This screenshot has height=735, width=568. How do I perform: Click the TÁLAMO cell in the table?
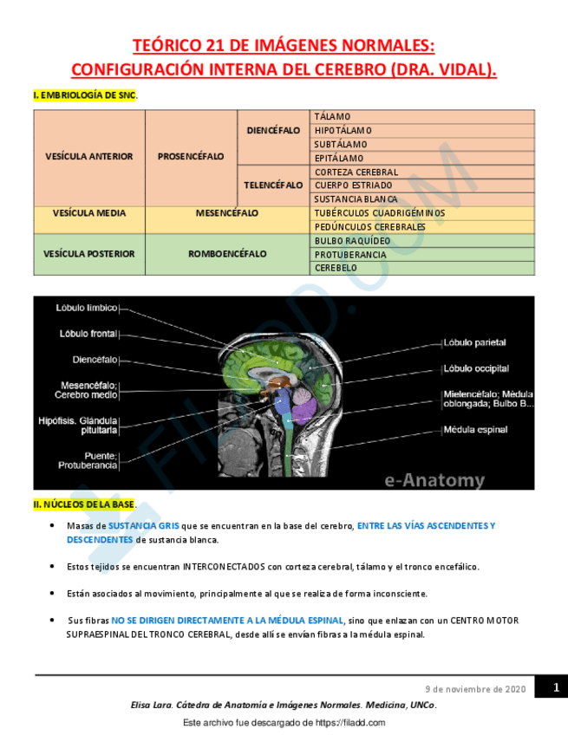332,116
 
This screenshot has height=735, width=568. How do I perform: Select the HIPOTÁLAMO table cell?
343,130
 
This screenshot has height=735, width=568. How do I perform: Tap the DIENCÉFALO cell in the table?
273,131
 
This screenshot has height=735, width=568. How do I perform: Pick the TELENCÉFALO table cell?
273,185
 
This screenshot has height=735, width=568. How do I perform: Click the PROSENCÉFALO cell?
191,157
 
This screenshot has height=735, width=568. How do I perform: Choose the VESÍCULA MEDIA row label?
89,212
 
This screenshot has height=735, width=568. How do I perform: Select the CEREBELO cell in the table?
336,268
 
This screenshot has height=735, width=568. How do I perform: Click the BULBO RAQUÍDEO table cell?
352,240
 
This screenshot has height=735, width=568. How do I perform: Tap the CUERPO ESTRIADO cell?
353,185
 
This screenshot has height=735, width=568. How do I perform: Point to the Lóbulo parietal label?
474,342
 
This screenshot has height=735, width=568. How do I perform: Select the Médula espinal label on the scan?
475,429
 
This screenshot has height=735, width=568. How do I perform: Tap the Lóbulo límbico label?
87,308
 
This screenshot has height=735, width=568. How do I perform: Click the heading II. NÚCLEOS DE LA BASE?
84,504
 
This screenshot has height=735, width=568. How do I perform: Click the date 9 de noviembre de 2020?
475,689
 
